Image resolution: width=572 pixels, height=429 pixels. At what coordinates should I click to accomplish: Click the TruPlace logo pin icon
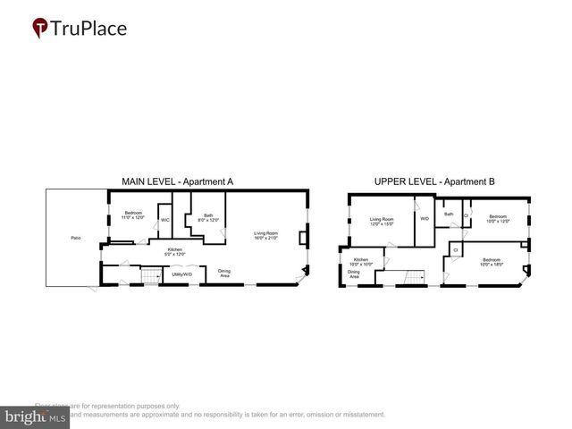(40, 29)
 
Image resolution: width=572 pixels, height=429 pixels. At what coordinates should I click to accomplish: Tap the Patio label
(75, 238)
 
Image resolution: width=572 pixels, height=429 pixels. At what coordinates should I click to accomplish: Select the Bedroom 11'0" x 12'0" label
(132, 215)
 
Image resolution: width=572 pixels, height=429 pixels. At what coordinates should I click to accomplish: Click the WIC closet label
(165, 220)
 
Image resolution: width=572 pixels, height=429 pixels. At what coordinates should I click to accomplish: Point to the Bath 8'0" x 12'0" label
(208, 217)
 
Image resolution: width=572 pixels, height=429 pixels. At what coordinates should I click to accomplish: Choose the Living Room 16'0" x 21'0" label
(265, 236)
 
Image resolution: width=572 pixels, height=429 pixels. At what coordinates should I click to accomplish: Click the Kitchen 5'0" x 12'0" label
(176, 253)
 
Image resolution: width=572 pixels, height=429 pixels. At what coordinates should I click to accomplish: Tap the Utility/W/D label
(181, 275)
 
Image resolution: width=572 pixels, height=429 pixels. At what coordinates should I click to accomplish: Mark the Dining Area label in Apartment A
(224, 273)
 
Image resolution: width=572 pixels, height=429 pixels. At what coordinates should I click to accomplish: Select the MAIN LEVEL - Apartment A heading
(177, 181)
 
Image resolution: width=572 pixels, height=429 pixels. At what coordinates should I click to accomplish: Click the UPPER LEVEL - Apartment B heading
(433, 181)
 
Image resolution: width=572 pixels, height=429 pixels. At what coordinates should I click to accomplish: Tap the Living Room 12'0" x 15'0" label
(383, 221)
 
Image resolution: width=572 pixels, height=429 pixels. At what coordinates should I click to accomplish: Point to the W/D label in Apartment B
(424, 218)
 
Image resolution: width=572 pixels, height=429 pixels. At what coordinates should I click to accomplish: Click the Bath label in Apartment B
(449, 214)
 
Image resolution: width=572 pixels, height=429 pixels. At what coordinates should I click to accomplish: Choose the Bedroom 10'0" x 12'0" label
(498, 218)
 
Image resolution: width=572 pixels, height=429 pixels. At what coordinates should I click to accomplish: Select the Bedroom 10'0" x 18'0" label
(492, 264)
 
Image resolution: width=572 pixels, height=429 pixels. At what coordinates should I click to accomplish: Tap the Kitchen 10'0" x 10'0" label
(360, 263)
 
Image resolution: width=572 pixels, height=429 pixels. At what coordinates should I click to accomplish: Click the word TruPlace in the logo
(89, 29)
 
